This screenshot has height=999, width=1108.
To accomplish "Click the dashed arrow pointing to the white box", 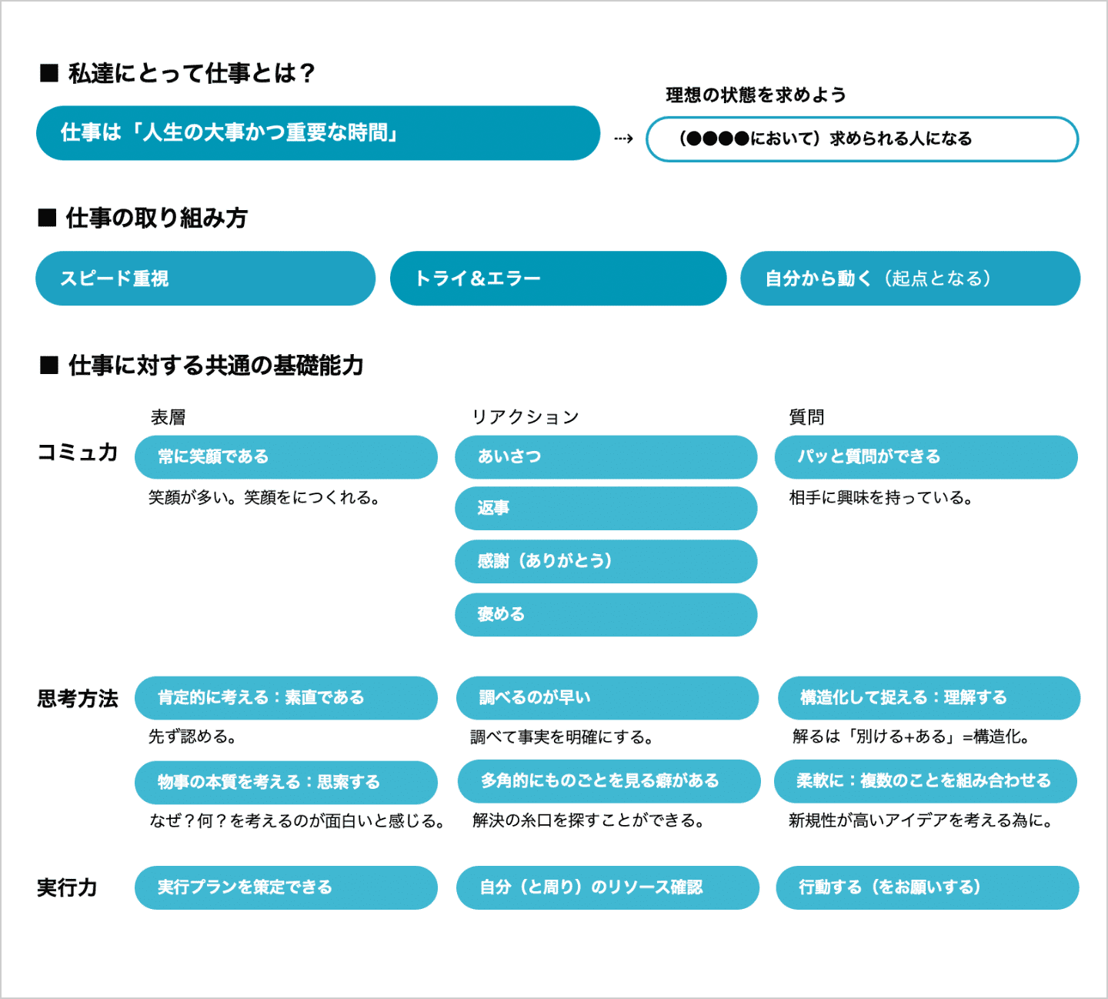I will tap(623, 139).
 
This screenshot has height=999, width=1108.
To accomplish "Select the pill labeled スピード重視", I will tap(205, 279).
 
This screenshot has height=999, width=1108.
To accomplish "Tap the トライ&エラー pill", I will tap(558, 279).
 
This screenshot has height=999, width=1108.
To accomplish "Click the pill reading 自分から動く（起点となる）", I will tap(909, 279).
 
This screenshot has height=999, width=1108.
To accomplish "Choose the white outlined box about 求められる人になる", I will tap(862, 139).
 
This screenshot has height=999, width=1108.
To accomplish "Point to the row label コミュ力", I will tap(78, 453).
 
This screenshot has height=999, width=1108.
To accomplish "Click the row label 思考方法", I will tap(78, 699).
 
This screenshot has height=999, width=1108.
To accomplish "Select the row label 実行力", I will tap(68, 888).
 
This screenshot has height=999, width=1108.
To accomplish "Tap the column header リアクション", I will tap(526, 417).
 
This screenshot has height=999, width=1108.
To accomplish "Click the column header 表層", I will tap(168, 417).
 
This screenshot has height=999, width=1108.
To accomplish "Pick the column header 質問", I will tap(806, 417).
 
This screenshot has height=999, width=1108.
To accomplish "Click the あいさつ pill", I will tap(606, 457).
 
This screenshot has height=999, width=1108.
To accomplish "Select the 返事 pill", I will tap(606, 508).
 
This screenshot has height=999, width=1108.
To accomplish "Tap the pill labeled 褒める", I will tap(606, 614).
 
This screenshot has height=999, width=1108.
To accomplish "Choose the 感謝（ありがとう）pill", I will tap(606, 561).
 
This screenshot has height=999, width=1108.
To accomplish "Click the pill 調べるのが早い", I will tap(607, 698).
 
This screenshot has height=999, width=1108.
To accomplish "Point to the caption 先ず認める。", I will tap(192, 737).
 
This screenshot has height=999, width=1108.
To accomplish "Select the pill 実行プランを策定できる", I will tap(285, 887).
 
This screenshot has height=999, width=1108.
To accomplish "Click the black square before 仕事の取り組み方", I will tap(48, 219).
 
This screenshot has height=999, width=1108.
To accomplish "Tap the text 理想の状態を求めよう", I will tap(756, 95).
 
